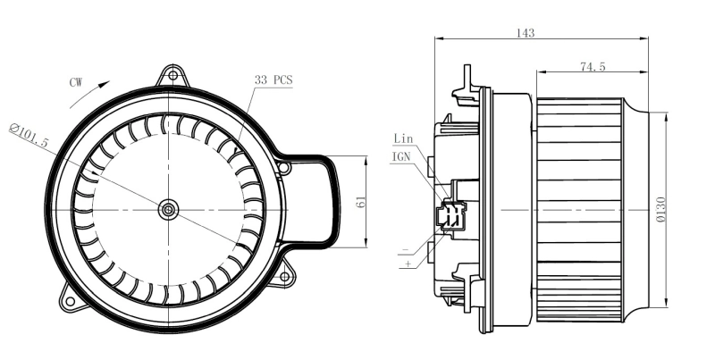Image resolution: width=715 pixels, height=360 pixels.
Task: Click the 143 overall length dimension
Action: click(x=526, y=33)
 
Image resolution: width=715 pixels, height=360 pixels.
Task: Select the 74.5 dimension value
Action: click(x=593, y=67)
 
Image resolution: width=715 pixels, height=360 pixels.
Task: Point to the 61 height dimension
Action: click(x=360, y=203)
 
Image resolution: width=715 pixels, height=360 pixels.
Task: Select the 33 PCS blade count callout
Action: click(x=273, y=80)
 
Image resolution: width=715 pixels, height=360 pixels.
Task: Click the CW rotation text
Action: click(x=76, y=82)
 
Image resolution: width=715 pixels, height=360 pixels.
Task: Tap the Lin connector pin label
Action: click(x=404, y=138)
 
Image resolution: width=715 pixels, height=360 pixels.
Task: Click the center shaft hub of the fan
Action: click(x=167, y=209)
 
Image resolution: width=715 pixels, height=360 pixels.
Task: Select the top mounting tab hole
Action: click(x=172, y=74)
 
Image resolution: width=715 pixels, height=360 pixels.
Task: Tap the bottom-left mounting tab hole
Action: click(x=68, y=300)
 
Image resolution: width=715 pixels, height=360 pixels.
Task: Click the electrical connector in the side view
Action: click(x=450, y=214)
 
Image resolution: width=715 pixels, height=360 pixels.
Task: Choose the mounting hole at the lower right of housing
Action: click(x=284, y=277)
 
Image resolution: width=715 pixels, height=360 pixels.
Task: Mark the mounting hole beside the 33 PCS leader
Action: click(x=283, y=167)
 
